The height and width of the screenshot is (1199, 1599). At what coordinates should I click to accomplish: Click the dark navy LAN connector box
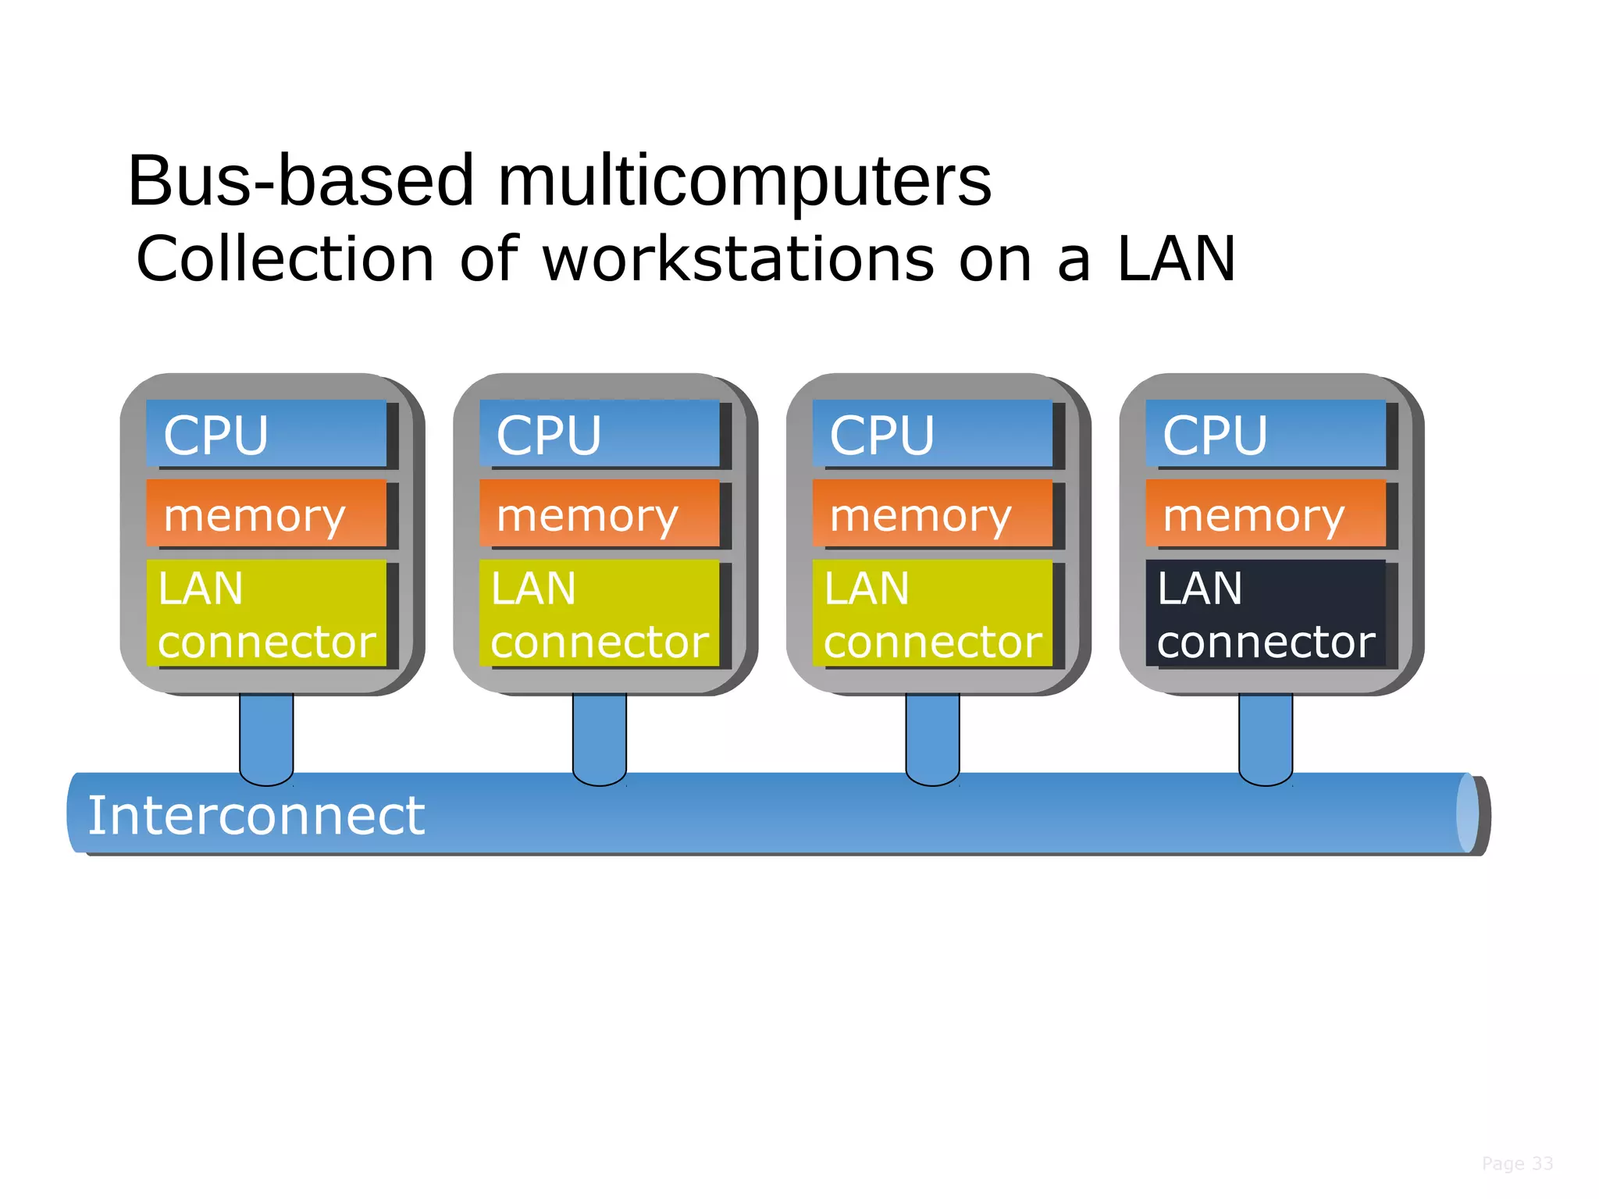point(1265,614)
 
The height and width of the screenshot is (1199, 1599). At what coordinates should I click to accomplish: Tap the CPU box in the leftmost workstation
point(265,434)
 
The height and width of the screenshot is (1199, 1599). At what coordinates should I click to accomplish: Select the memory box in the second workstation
point(599,514)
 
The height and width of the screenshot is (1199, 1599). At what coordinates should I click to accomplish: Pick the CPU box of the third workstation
point(931,434)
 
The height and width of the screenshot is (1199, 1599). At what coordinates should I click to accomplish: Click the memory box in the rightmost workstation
point(1265,514)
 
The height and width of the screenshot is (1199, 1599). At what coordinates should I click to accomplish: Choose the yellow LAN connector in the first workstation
point(265,614)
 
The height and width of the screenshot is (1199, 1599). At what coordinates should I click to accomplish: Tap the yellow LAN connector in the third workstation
point(931,614)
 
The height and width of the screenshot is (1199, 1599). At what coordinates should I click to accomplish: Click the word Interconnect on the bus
point(256,816)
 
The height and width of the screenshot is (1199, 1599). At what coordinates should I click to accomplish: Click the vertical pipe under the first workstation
point(266,734)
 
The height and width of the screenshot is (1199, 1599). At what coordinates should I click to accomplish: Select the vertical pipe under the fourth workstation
point(1266,734)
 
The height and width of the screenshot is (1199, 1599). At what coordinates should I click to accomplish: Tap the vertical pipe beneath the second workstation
point(599,734)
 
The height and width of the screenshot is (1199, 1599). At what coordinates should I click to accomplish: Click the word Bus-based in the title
point(301,181)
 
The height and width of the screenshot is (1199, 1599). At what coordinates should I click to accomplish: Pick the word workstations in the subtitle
point(738,260)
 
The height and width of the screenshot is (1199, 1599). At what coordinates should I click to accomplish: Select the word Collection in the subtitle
point(285,260)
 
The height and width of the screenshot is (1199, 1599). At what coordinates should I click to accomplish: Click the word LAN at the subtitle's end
point(1176,260)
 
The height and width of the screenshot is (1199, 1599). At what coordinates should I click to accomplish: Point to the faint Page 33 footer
point(1517,1164)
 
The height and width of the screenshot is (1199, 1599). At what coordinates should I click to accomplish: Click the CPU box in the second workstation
point(599,434)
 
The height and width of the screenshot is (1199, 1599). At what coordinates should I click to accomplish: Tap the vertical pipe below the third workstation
point(932,734)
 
